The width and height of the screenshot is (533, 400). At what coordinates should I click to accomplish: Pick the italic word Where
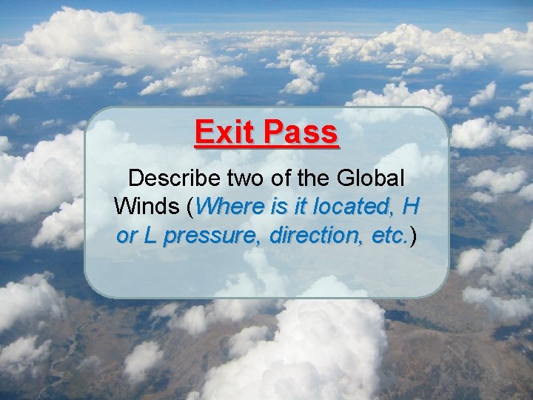(x=227, y=207)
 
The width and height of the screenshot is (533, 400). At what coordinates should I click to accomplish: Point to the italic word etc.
(x=389, y=236)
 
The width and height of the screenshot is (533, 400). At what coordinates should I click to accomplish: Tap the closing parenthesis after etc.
(x=413, y=236)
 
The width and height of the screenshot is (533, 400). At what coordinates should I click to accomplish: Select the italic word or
(x=127, y=236)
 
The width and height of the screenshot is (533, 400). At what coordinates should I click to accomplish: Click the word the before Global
(x=312, y=178)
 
